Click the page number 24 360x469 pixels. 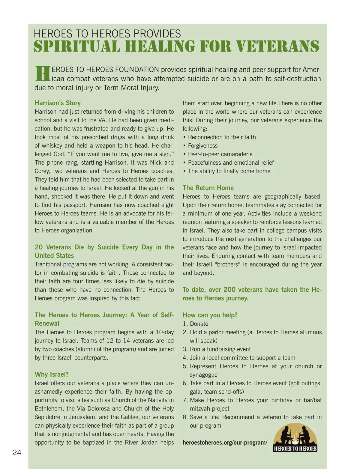(x=17, y=453)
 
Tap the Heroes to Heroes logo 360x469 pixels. (x=295, y=438)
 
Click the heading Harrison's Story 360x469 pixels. (x=58, y=103)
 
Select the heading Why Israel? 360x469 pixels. (x=52, y=374)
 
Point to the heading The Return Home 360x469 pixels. (x=208, y=188)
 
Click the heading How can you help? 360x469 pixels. (x=210, y=315)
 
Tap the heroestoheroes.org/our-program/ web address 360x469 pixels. (x=225, y=442)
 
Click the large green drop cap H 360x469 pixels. (x=43, y=74)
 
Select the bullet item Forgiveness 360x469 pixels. (x=202, y=145)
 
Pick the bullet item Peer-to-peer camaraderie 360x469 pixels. (x=220, y=154)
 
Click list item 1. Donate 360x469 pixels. (x=196, y=324)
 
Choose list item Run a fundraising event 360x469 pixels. (x=220, y=349)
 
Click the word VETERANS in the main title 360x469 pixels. (x=278, y=46)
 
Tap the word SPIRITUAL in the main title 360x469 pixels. (x=77, y=46)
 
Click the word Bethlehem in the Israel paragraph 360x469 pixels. (x=49, y=408)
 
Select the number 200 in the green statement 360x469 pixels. (x=229, y=289)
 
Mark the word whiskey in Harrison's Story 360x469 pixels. (x=52, y=145)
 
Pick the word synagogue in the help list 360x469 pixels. (x=204, y=375)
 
